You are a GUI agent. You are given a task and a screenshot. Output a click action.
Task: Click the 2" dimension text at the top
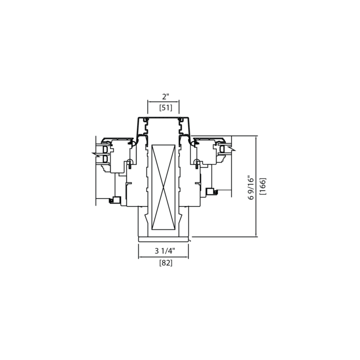tap(165, 96)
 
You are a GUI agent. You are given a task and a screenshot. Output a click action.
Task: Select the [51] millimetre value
tap(166, 107)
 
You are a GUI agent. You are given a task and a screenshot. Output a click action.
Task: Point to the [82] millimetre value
tap(166, 263)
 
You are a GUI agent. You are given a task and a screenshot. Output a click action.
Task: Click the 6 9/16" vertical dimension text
tap(251, 188)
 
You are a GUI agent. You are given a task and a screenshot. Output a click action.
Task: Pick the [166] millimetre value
tap(262, 186)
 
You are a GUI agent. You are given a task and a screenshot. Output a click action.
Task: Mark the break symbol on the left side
tap(95, 154)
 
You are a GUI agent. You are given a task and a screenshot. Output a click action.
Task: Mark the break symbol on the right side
tap(232, 149)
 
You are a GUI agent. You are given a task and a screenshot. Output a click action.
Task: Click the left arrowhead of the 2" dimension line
tap(148, 101)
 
